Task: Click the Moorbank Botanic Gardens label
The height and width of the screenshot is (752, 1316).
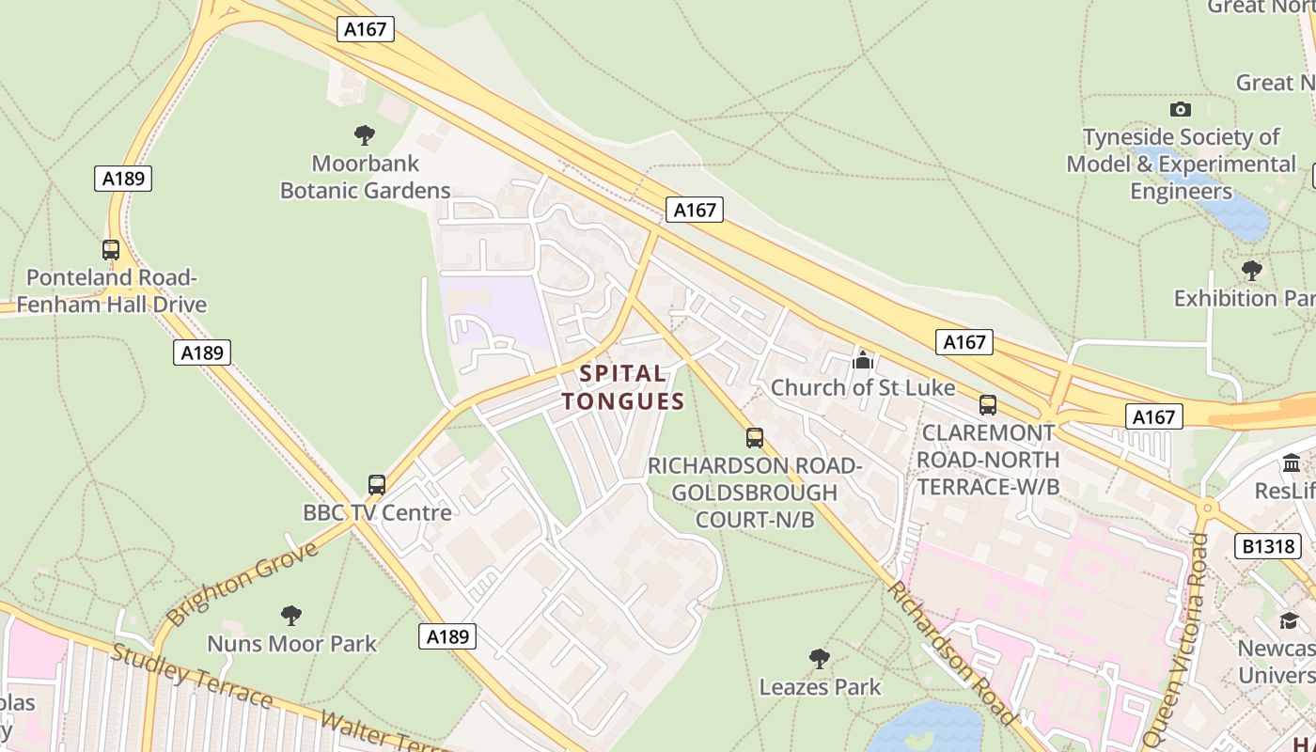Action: [x=366, y=177]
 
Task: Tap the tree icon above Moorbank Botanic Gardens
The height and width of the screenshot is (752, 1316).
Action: [x=365, y=135]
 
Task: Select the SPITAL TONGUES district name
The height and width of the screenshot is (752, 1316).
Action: [x=622, y=387]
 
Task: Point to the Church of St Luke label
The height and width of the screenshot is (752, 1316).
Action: [x=862, y=387]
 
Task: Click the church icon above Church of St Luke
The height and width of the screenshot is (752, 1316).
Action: [x=863, y=359]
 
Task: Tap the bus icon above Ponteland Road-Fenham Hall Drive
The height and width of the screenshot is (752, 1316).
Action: [x=111, y=250]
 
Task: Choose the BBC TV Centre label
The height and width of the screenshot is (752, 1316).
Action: [x=377, y=512]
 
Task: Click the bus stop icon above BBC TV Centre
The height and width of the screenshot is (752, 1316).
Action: [x=377, y=485]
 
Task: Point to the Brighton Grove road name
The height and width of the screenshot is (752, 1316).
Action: [x=243, y=583]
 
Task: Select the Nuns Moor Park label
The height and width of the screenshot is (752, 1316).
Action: [x=291, y=644]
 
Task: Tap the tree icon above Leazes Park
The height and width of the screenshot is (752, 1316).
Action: [x=820, y=658]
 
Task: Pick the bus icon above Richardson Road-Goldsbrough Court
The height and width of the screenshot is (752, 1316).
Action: [x=755, y=437]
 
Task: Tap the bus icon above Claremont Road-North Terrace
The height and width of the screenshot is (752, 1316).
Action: [x=988, y=405]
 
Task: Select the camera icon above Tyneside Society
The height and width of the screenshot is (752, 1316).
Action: [x=1181, y=110]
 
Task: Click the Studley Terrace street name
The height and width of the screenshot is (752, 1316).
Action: [x=192, y=676]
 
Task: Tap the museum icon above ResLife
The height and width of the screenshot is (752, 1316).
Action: [x=1292, y=463]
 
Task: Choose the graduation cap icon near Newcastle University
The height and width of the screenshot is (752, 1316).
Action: [x=1289, y=620]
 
